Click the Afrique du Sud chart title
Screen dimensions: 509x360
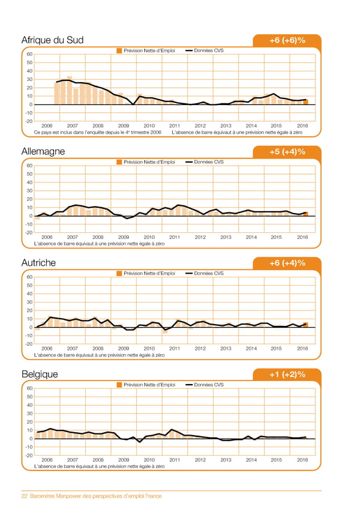point(52,40)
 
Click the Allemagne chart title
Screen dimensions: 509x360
point(43,152)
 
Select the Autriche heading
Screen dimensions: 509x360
point(39,263)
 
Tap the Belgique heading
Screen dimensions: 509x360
point(40,374)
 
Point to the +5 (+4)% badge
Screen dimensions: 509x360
point(287,152)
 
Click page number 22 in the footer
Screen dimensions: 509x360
point(25,496)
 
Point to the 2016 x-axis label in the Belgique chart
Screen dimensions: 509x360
point(302,459)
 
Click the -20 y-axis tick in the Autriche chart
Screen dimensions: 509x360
point(28,344)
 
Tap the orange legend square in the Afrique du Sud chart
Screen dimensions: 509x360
point(119,50)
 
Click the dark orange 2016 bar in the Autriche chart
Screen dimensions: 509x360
point(305,325)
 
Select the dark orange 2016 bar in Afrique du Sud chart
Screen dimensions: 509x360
point(305,102)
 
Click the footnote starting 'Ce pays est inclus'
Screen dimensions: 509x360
point(98,133)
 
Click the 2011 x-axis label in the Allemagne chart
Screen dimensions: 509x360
point(175,237)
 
